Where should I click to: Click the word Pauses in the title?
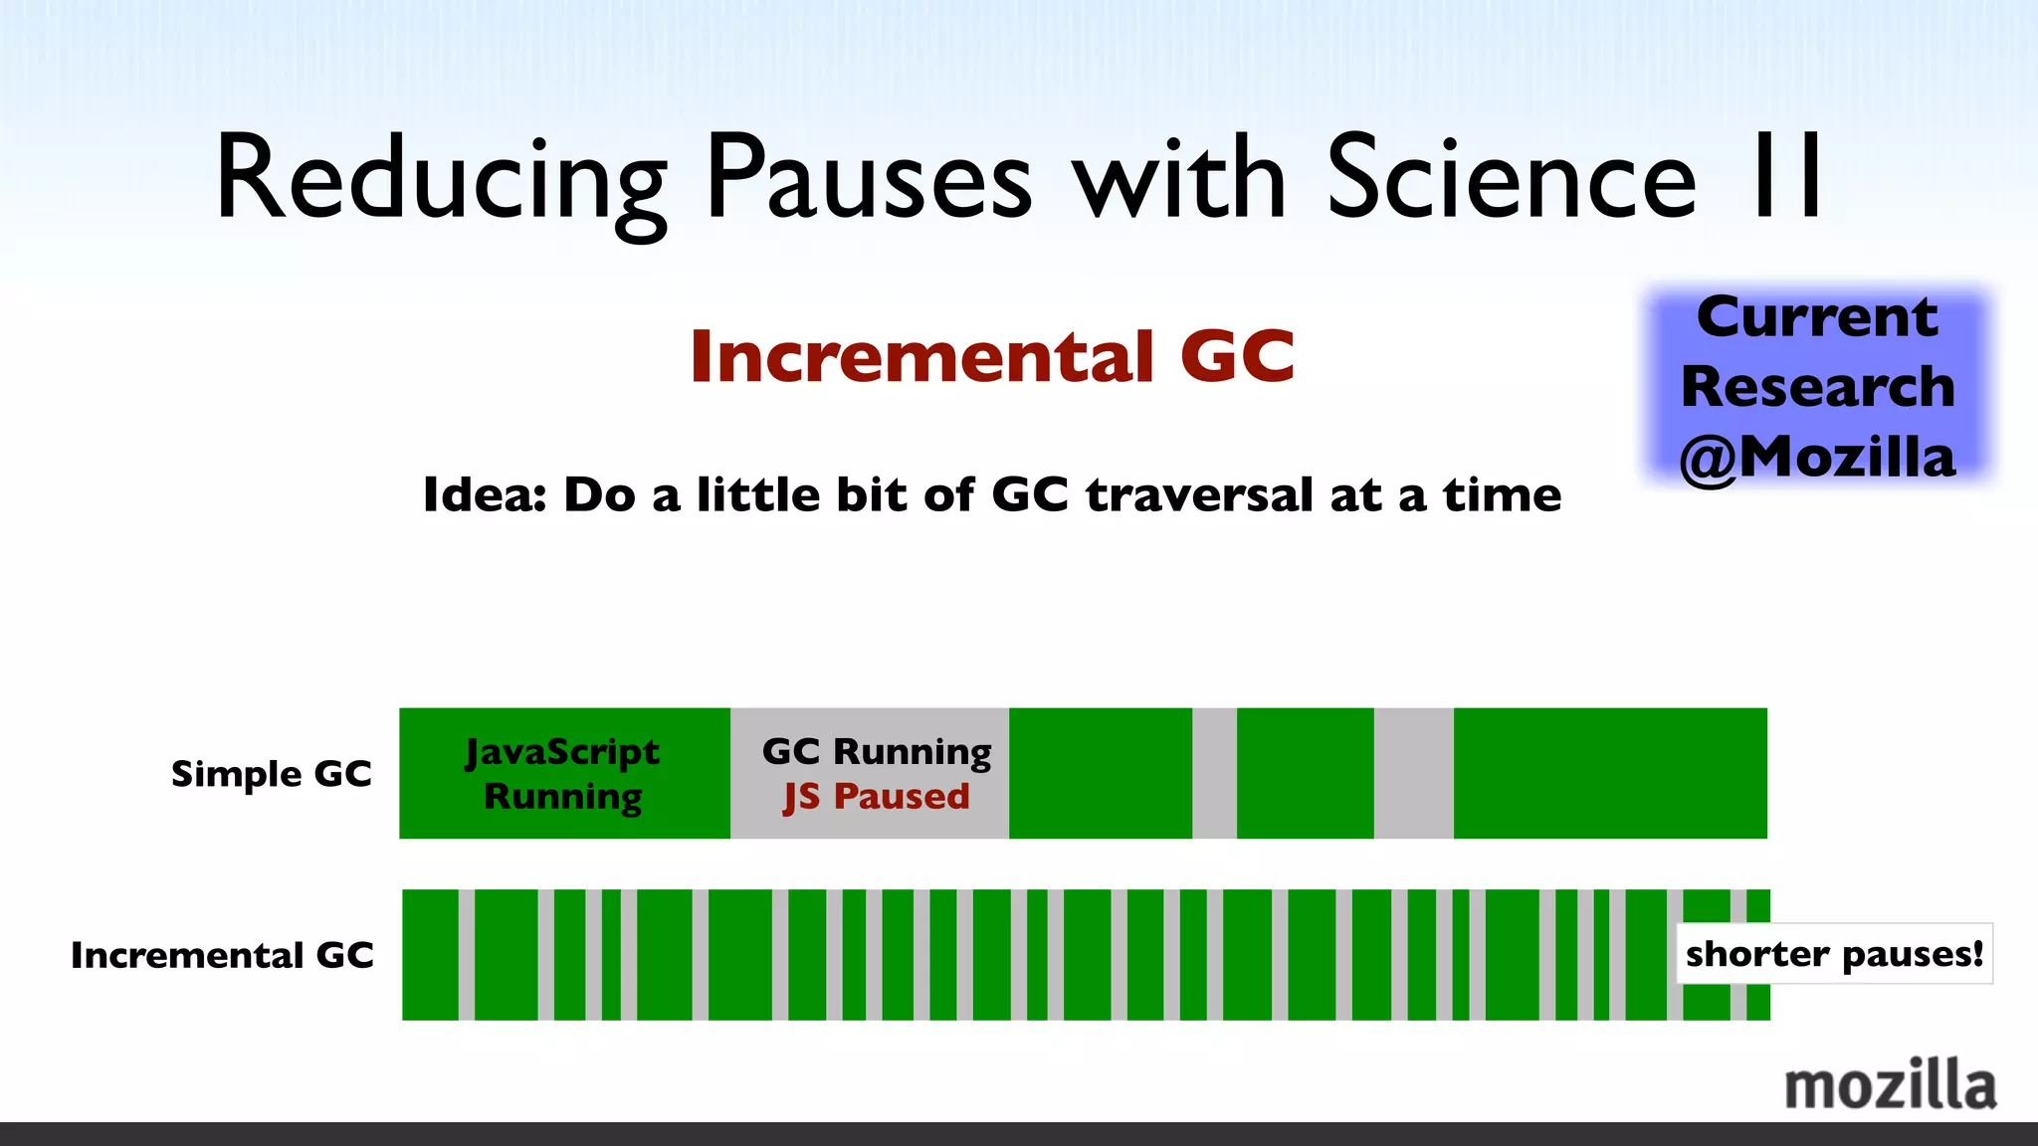tap(868, 179)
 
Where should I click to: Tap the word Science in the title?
tap(1511, 179)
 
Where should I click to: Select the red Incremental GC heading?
tap(992, 356)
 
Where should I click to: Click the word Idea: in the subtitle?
tap(485, 495)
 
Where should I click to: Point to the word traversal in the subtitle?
tap(1199, 495)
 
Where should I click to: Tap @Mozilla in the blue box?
tap(1817, 458)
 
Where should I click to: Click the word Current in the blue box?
tap(1817, 318)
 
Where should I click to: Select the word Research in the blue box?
tap(1817, 387)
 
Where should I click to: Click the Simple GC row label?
tap(271, 774)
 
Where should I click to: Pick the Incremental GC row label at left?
tap(222, 955)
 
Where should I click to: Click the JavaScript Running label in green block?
tap(563, 774)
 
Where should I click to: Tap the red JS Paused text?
tap(876, 797)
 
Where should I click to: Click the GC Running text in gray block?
tap(876, 751)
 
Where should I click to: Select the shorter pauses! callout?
tap(1834, 954)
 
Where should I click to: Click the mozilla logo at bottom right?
tap(1890, 1085)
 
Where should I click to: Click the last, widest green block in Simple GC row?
tap(1610, 774)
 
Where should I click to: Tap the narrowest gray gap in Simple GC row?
tap(1214, 774)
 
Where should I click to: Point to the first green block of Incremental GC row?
tap(430, 955)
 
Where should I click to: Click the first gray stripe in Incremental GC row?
tap(466, 955)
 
